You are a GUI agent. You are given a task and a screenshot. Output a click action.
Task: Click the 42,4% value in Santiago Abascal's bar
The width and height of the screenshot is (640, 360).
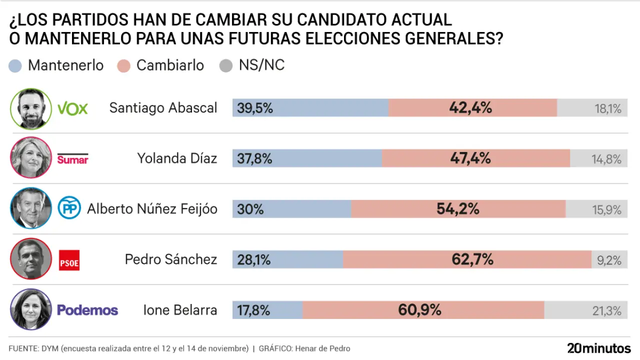[x=470, y=107]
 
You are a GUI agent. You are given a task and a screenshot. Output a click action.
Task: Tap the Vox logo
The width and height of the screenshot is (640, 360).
[x=73, y=108]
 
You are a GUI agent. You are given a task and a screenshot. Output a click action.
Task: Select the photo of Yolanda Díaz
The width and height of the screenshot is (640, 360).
[x=31, y=158]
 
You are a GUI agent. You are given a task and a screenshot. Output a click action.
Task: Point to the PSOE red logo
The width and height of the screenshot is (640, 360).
[x=69, y=260]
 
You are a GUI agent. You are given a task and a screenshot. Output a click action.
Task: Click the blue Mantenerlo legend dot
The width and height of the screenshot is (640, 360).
[x=16, y=66]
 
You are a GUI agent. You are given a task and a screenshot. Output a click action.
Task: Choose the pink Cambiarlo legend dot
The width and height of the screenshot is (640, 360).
[x=124, y=66]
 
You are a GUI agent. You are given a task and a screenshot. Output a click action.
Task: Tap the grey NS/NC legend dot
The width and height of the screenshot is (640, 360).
[x=226, y=66]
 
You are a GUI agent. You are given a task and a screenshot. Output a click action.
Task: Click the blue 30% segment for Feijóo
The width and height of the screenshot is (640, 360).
[x=291, y=209]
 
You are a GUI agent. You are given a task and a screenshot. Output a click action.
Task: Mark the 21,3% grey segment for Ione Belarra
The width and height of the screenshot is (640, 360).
[x=585, y=310]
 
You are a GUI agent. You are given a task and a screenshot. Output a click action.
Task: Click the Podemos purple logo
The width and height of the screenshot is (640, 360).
[x=87, y=310]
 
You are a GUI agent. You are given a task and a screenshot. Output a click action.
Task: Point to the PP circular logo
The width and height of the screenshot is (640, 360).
[x=69, y=208]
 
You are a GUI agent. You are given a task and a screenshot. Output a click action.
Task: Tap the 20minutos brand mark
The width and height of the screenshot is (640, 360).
[x=598, y=348]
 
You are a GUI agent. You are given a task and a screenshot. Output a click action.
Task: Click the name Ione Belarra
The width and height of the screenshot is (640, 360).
[x=180, y=310]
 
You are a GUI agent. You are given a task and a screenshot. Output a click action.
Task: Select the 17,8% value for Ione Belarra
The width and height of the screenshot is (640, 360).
[x=253, y=310]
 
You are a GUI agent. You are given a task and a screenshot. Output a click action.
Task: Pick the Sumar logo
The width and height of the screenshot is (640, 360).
[x=73, y=159]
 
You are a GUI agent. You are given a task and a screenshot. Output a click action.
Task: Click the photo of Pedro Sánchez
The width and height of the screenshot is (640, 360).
[x=31, y=259]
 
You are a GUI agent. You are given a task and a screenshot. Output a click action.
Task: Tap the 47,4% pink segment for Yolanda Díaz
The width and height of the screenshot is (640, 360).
[x=475, y=158]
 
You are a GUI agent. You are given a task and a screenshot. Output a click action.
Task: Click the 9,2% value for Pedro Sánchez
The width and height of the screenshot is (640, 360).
[x=608, y=260]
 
